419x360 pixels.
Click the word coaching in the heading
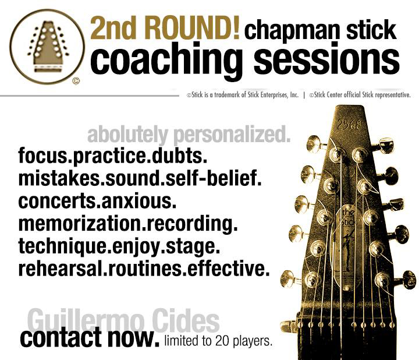click(166, 59)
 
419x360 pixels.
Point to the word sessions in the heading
click(326, 59)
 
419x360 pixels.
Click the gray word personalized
click(232, 135)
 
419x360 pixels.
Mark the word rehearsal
click(60, 269)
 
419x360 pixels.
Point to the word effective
click(228, 269)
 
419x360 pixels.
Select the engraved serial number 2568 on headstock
click(349, 124)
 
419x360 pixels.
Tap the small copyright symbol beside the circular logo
click(76, 81)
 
